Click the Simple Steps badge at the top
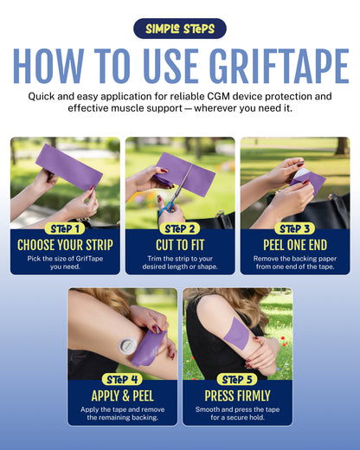tap(180, 29)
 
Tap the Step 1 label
tap(65, 228)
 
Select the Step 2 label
tap(180, 228)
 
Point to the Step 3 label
tap(295, 228)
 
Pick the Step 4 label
tap(122, 379)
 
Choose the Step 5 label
tap(237, 379)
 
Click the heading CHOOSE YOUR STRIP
tap(65, 245)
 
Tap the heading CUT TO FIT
tap(180, 245)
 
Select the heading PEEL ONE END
tap(295, 245)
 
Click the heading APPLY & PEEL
tap(122, 395)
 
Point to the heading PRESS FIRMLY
tap(237, 395)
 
